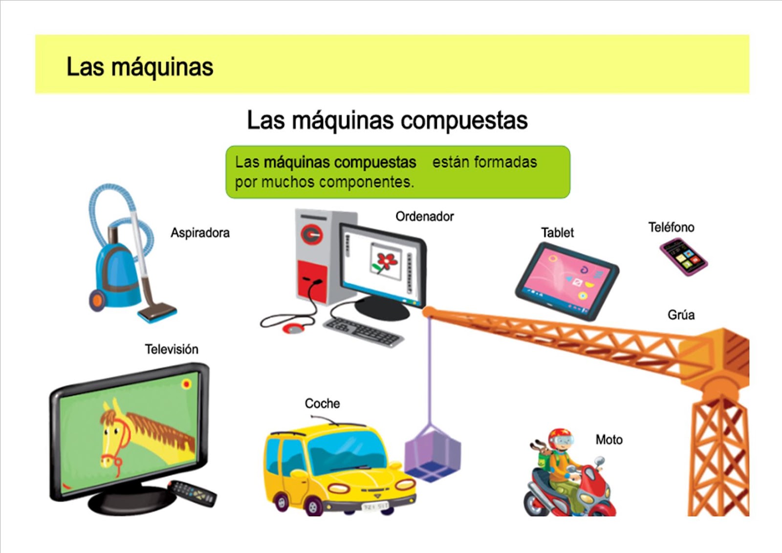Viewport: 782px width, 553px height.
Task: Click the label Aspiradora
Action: [x=200, y=233]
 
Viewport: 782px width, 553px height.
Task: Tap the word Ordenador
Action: [x=424, y=217]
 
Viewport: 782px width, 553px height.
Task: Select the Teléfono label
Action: [x=671, y=227]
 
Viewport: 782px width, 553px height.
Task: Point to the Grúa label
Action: [x=681, y=315]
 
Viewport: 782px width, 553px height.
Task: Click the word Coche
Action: [x=322, y=403]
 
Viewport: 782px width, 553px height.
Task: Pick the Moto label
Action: [x=608, y=440]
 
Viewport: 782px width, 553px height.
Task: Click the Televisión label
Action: [x=172, y=349]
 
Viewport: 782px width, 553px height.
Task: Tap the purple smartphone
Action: [x=683, y=257]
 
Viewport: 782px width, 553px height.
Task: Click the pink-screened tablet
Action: [x=566, y=281]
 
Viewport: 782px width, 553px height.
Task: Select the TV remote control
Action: [x=193, y=493]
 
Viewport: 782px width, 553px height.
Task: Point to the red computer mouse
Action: [x=294, y=328]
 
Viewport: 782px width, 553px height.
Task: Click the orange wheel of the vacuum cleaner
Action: [x=97, y=300]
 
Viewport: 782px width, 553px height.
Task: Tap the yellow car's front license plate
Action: [x=375, y=507]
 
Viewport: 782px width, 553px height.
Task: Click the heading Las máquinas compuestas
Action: [x=387, y=120]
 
